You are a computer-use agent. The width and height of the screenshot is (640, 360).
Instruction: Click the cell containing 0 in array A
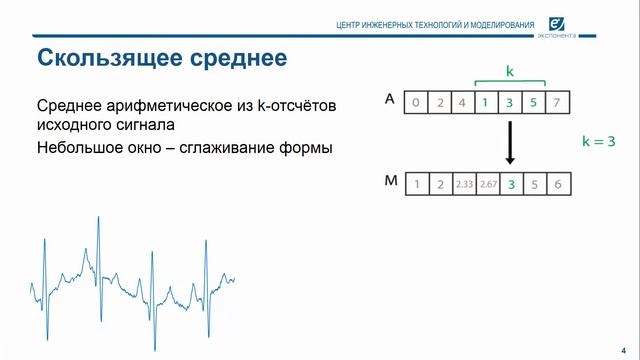tap(415, 101)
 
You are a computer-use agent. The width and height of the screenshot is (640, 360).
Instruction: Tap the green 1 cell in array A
tap(485, 101)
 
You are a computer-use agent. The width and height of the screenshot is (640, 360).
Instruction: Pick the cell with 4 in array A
tap(462, 101)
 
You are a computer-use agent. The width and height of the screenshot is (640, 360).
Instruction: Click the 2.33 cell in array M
tap(463, 184)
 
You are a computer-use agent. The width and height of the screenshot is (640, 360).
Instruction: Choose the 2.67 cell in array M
tap(487, 184)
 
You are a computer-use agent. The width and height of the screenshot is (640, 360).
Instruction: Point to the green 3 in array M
tap(511, 184)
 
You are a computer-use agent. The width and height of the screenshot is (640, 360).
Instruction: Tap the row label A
tap(389, 99)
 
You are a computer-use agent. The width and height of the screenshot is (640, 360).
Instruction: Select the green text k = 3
tap(597, 142)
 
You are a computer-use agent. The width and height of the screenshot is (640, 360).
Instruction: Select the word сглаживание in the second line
tap(246, 146)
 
